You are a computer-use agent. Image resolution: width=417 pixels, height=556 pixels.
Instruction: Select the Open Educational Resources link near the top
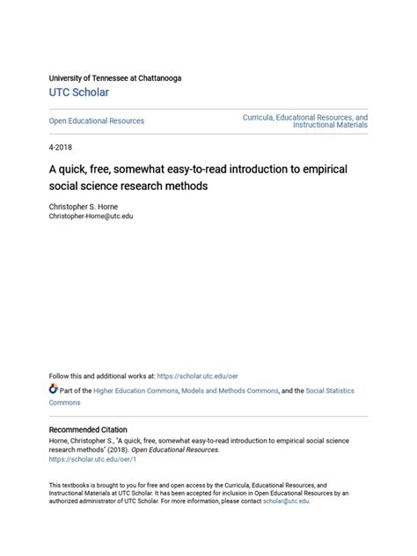point(96,121)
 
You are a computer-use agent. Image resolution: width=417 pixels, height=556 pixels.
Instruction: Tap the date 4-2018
point(61,150)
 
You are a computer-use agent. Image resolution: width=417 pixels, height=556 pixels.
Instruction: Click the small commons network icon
point(54,388)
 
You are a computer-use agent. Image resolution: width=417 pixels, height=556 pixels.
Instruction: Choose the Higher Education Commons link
point(134,389)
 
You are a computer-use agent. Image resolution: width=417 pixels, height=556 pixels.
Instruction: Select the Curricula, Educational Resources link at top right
point(305,117)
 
